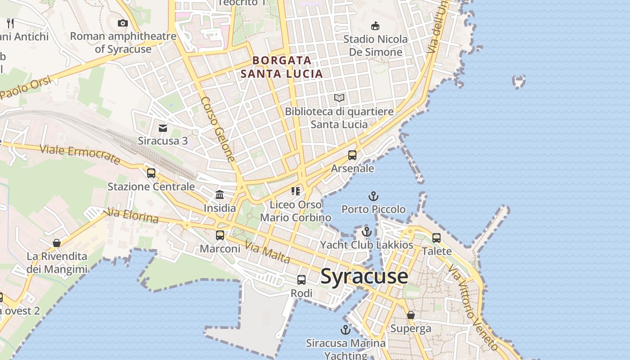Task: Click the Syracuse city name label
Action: pos(364,276)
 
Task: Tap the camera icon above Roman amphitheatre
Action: pos(122,23)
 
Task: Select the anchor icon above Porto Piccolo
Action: pos(373,196)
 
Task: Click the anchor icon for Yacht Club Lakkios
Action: pos(367,232)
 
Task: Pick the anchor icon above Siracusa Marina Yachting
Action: pos(345,330)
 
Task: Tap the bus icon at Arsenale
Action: pos(352,155)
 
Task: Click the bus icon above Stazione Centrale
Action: pos(151,173)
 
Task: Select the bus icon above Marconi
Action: pos(220,235)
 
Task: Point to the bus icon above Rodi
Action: pos(301,280)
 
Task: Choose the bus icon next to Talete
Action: pos(436,238)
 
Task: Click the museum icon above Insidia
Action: pos(220,194)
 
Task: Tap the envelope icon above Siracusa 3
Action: pos(163,128)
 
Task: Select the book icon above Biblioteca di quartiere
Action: pos(339,98)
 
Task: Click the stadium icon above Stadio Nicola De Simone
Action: pos(375,26)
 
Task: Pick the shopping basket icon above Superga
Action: pos(410,315)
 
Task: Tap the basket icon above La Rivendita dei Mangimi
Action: pos(57,243)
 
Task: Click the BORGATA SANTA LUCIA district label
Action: pos(282,67)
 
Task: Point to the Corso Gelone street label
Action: pos(218,129)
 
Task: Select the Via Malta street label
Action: pos(267,252)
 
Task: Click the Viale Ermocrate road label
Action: pos(80,154)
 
